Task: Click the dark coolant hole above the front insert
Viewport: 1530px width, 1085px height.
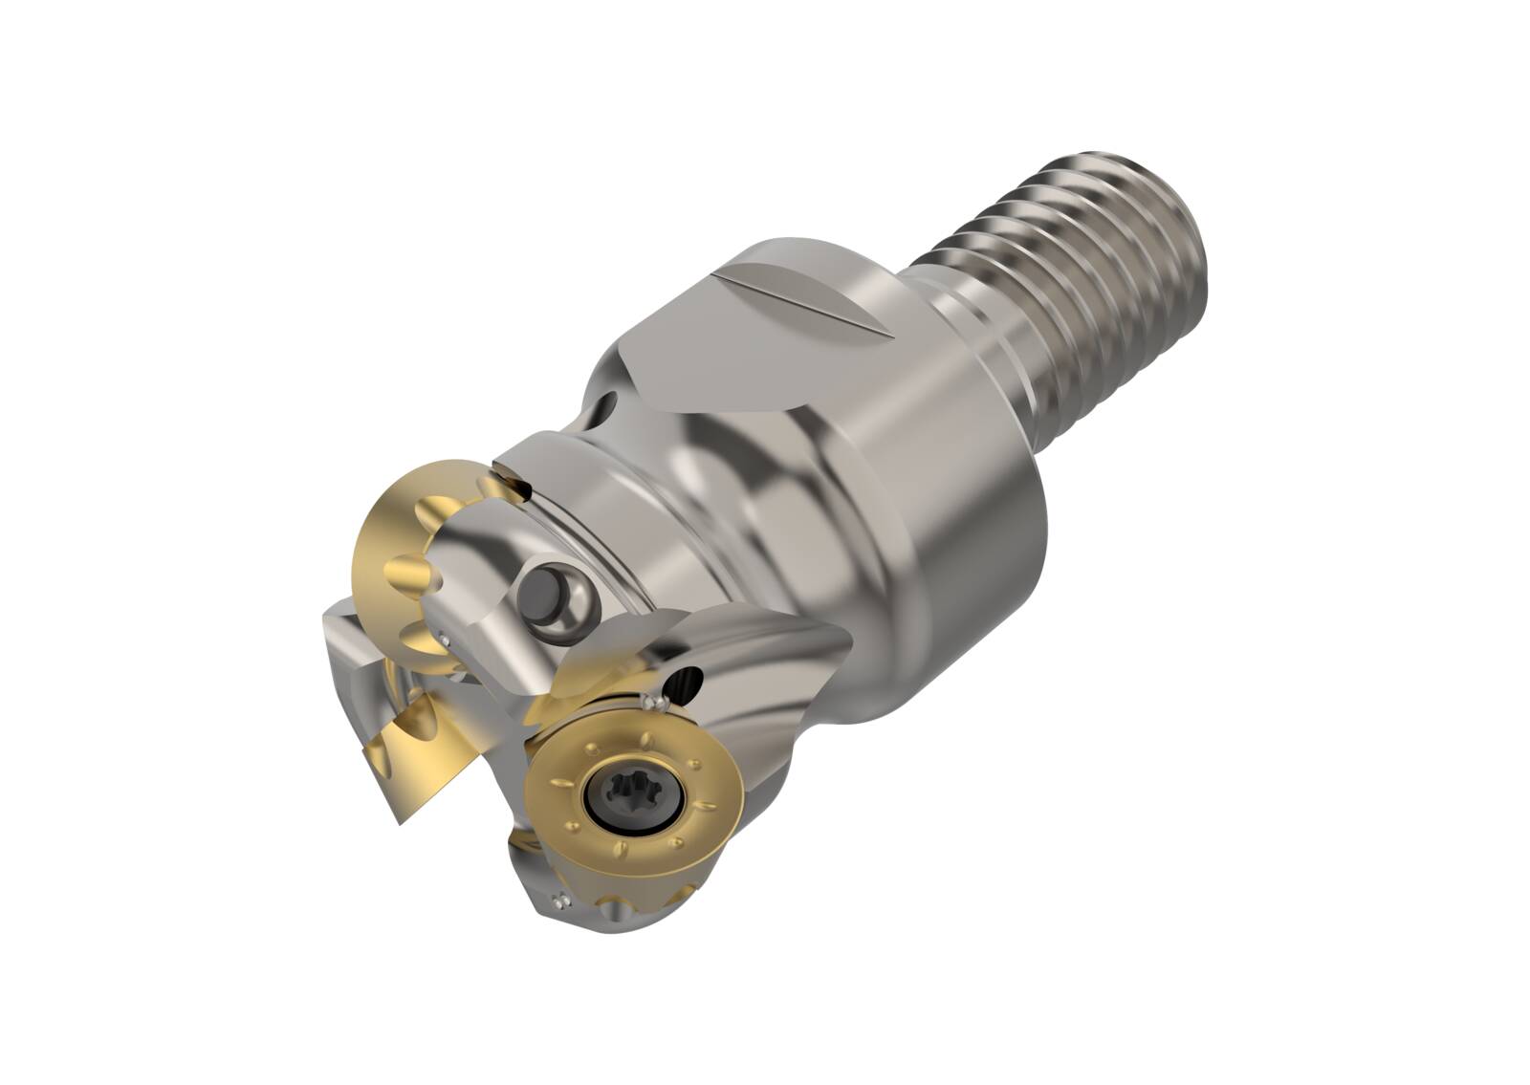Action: (686, 682)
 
